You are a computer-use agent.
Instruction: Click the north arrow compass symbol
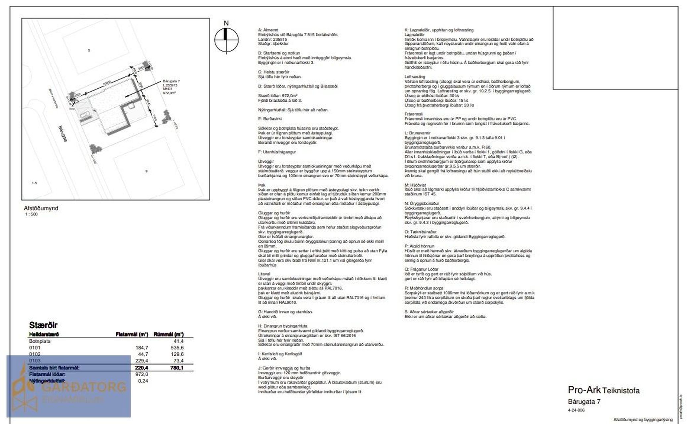coord(226,40)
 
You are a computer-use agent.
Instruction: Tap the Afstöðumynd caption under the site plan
coord(41,208)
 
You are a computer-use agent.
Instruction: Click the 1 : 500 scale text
coord(31,214)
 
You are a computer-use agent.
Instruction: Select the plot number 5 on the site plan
coord(89,50)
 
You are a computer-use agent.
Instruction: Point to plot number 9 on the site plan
coord(146,171)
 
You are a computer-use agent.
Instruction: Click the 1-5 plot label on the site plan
coord(34,183)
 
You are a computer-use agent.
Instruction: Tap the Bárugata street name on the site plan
coord(62,134)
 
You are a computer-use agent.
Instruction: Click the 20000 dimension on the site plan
coord(107,82)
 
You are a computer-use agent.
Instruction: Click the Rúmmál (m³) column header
coord(168,335)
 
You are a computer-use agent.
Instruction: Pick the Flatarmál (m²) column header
coord(132,335)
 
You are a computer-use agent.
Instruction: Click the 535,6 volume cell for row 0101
coord(177,348)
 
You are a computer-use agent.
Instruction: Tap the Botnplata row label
coord(40,341)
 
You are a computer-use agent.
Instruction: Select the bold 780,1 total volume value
coord(177,368)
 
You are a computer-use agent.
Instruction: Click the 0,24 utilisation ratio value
coord(143,381)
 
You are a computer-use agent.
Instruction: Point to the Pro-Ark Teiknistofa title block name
coord(604,390)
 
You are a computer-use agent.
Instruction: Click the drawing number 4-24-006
coord(576,410)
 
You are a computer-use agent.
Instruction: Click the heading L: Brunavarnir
coord(418,133)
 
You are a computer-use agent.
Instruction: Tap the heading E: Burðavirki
coord(270,119)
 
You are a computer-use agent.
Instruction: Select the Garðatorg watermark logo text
coord(84,387)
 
